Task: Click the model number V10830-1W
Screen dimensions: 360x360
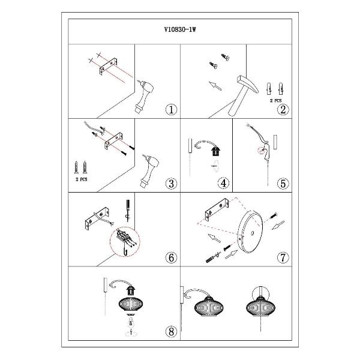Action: pos(180,29)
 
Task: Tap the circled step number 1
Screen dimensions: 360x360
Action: pos(171,110)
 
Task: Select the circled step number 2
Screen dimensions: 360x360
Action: pos(283,110)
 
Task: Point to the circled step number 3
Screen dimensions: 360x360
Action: pos(171,184)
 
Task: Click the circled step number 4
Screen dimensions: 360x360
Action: pos(223,183)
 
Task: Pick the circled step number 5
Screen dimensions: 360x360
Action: pos(283,184)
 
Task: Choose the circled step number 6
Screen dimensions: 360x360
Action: pos(171,257)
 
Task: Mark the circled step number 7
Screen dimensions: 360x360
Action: pos(283,257)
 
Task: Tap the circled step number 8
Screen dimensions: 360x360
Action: pos(171,332)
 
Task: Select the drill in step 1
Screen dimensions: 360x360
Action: pos(144,97)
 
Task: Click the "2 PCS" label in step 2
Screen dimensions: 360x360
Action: pos(275,101)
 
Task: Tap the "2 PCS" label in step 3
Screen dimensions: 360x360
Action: pos(82,179)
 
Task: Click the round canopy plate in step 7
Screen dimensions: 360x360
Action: pos(250,231)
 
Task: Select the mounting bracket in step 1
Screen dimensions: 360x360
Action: pos(109,67)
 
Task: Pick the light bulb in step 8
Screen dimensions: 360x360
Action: pos(131,323)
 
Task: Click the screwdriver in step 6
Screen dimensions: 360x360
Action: pos(127,211)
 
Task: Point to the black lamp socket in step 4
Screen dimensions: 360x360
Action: pos(215,152)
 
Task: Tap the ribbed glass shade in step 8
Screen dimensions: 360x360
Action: pos(131,304)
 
